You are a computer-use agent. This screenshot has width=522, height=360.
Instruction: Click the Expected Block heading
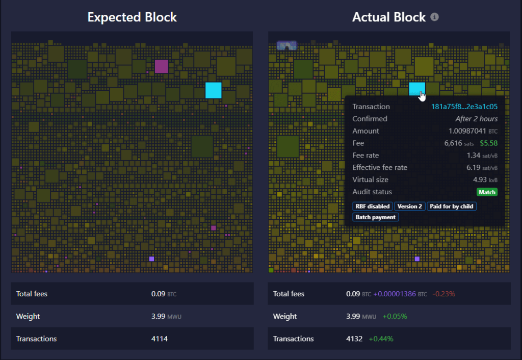pos(132,17)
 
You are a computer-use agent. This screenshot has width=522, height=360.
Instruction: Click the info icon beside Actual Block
pos(434,17)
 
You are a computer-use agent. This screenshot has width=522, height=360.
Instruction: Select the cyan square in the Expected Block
pos(213,90)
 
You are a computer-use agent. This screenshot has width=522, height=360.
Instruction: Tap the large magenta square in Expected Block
pos(161,66)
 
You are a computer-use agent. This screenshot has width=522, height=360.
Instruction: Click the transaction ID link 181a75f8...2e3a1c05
pos(464,107)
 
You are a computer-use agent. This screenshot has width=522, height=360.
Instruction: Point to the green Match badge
pos(487,192)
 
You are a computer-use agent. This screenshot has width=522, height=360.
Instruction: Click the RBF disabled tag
pos(372,207)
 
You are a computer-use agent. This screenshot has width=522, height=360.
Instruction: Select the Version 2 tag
pos(409,207)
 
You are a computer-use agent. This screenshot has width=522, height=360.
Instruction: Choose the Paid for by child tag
pos(451,207)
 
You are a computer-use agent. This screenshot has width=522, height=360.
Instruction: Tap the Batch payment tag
pos(375,217)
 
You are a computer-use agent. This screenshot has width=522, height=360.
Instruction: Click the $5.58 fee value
pos(488,143)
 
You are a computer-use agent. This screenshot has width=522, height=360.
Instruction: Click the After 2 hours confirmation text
pos(476,119)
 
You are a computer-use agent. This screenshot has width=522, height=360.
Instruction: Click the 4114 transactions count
pos(160,339)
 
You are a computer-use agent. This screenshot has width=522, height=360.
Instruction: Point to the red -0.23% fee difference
pos(443,294)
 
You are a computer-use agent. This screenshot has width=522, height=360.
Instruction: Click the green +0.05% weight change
pos(395,316)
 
